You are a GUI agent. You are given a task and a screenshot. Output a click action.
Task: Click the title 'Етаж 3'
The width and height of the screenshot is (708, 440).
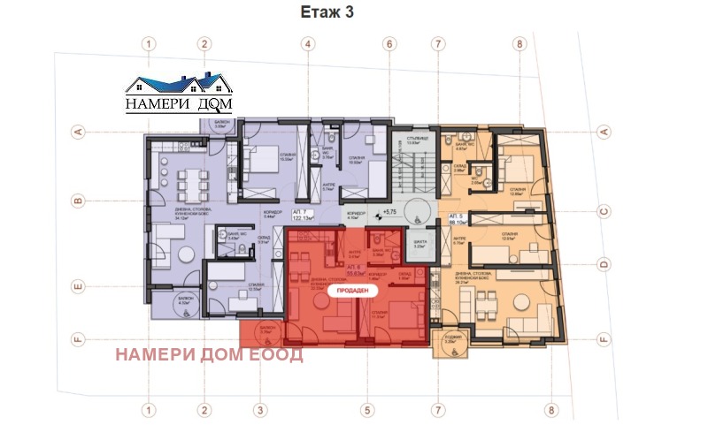[353, 14]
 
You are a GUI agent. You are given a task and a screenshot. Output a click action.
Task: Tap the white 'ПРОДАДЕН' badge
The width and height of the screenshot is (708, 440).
[350, 289]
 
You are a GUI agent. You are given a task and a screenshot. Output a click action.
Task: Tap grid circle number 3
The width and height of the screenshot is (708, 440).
[260, 409]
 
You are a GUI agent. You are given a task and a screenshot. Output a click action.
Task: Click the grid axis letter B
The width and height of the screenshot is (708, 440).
[78, 201]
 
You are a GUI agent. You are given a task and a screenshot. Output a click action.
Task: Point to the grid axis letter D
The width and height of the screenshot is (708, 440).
[604, 263]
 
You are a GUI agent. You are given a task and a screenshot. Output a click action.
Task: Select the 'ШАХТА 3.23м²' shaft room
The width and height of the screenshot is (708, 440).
[420, 245]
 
